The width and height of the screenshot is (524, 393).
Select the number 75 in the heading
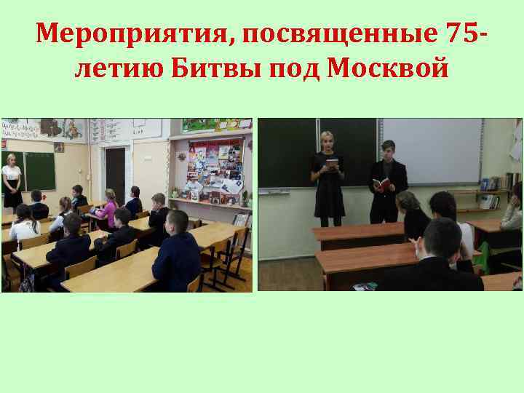(x=462, y=33)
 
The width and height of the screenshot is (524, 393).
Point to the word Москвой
(x=389, y=70)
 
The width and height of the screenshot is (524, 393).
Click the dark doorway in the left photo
(x=114, y=175)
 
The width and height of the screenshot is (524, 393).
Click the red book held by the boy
(x=379, y=184)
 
